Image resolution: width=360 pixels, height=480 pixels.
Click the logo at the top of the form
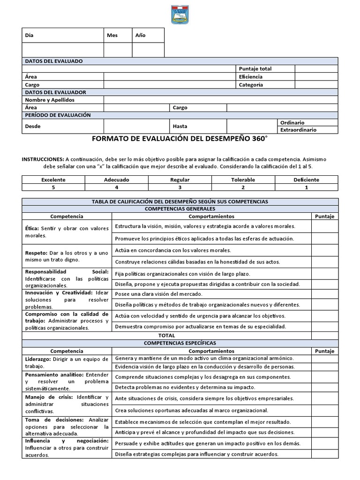click(180, 14)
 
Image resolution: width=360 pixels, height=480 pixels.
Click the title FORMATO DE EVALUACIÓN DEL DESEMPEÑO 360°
click(180, 139)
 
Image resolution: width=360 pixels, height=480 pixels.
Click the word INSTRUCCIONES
click(43, 159)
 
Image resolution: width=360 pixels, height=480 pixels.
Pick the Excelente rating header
click(53, 180)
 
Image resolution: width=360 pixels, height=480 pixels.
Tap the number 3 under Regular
click(180, 187)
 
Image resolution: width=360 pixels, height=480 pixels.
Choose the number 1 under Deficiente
click(307, 187)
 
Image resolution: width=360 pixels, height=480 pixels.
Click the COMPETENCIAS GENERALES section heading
click(180, 209)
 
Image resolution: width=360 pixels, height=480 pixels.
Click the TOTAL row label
click(167, 336)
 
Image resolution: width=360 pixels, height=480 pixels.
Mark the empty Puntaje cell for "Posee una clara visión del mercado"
click(324, 294)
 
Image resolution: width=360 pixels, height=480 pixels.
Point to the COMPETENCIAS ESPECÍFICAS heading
click(180, 343)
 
